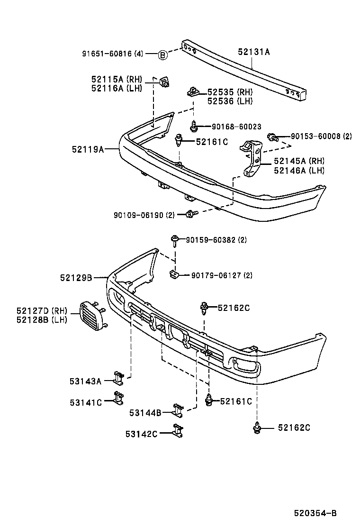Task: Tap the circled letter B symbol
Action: tap(162, 55)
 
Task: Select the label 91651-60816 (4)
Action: tap(112, 54)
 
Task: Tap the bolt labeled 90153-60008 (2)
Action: tap(272, 137)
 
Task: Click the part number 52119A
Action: tap(88, 149)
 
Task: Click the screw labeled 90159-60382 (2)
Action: tap(175, 240)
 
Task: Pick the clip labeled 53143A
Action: tap(118, 378)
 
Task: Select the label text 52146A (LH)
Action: tap(299, 171)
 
